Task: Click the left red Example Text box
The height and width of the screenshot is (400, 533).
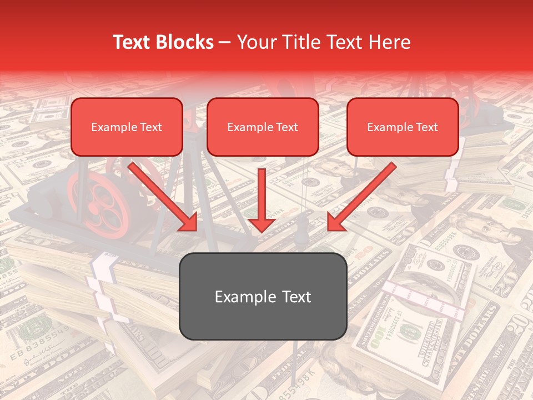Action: click(127, 127)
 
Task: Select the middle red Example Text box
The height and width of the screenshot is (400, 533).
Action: click(263, 127)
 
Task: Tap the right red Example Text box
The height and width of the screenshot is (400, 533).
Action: click(403, 127)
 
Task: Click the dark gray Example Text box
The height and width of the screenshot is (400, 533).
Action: click(263, 296)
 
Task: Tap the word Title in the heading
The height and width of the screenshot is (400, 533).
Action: click(300, 42)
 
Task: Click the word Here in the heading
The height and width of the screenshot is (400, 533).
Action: click(390, 42)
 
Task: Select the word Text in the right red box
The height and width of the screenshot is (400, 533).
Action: click(426, 127)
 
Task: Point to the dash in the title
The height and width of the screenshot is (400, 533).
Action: click(225, 42)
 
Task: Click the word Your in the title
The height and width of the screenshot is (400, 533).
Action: click(255, 42)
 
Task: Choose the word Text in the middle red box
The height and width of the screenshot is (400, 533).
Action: click(287, 127)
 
